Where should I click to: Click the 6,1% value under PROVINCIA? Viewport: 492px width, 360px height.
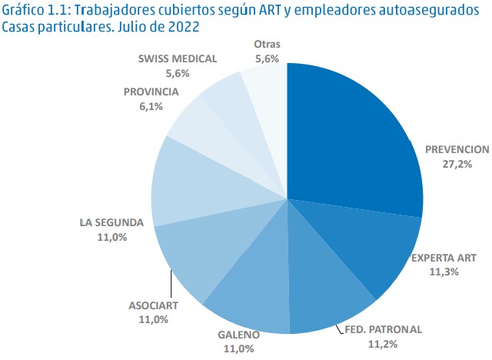pyautogui.click(x=151, y=107)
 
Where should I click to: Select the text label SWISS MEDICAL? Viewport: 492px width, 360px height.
pyautogui.click(x=178, y=58)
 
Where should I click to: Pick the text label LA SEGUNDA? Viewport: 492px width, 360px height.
pyautogui.click(x=111, y=223)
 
